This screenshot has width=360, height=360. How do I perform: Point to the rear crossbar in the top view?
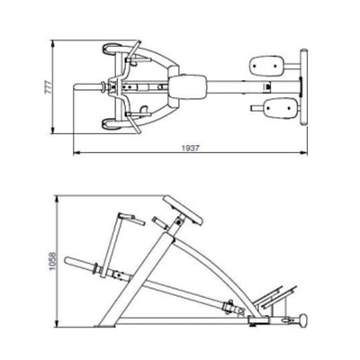point(302,87)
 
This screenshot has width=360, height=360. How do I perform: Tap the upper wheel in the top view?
point(111,52)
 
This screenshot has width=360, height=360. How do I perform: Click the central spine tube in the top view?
point(225,87)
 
